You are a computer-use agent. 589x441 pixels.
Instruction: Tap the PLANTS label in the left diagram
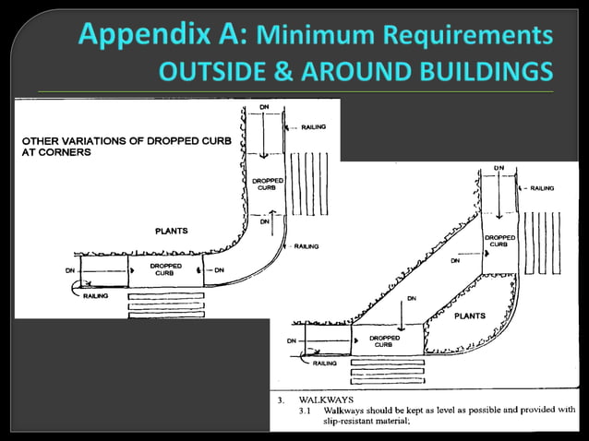tap(172, 231)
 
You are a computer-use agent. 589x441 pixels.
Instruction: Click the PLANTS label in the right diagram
tap(470, 316)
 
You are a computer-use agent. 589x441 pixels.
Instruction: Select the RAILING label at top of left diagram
tap(312, 126)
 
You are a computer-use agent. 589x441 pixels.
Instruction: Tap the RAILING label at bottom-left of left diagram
tap(95, 296)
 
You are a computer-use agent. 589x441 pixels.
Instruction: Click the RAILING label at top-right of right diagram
tap(542, 188)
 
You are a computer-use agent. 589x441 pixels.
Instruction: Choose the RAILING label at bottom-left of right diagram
tap(324, 364)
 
